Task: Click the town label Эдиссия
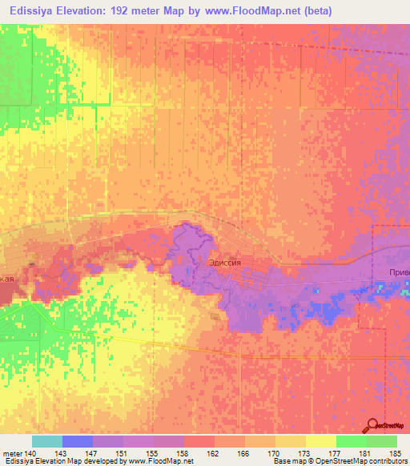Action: coord(224,261)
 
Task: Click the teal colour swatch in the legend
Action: coord(47,441)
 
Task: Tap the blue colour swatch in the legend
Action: coord(78,441)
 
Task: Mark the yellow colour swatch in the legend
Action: coord(321,441)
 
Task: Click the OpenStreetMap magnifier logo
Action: coord(373,425)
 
